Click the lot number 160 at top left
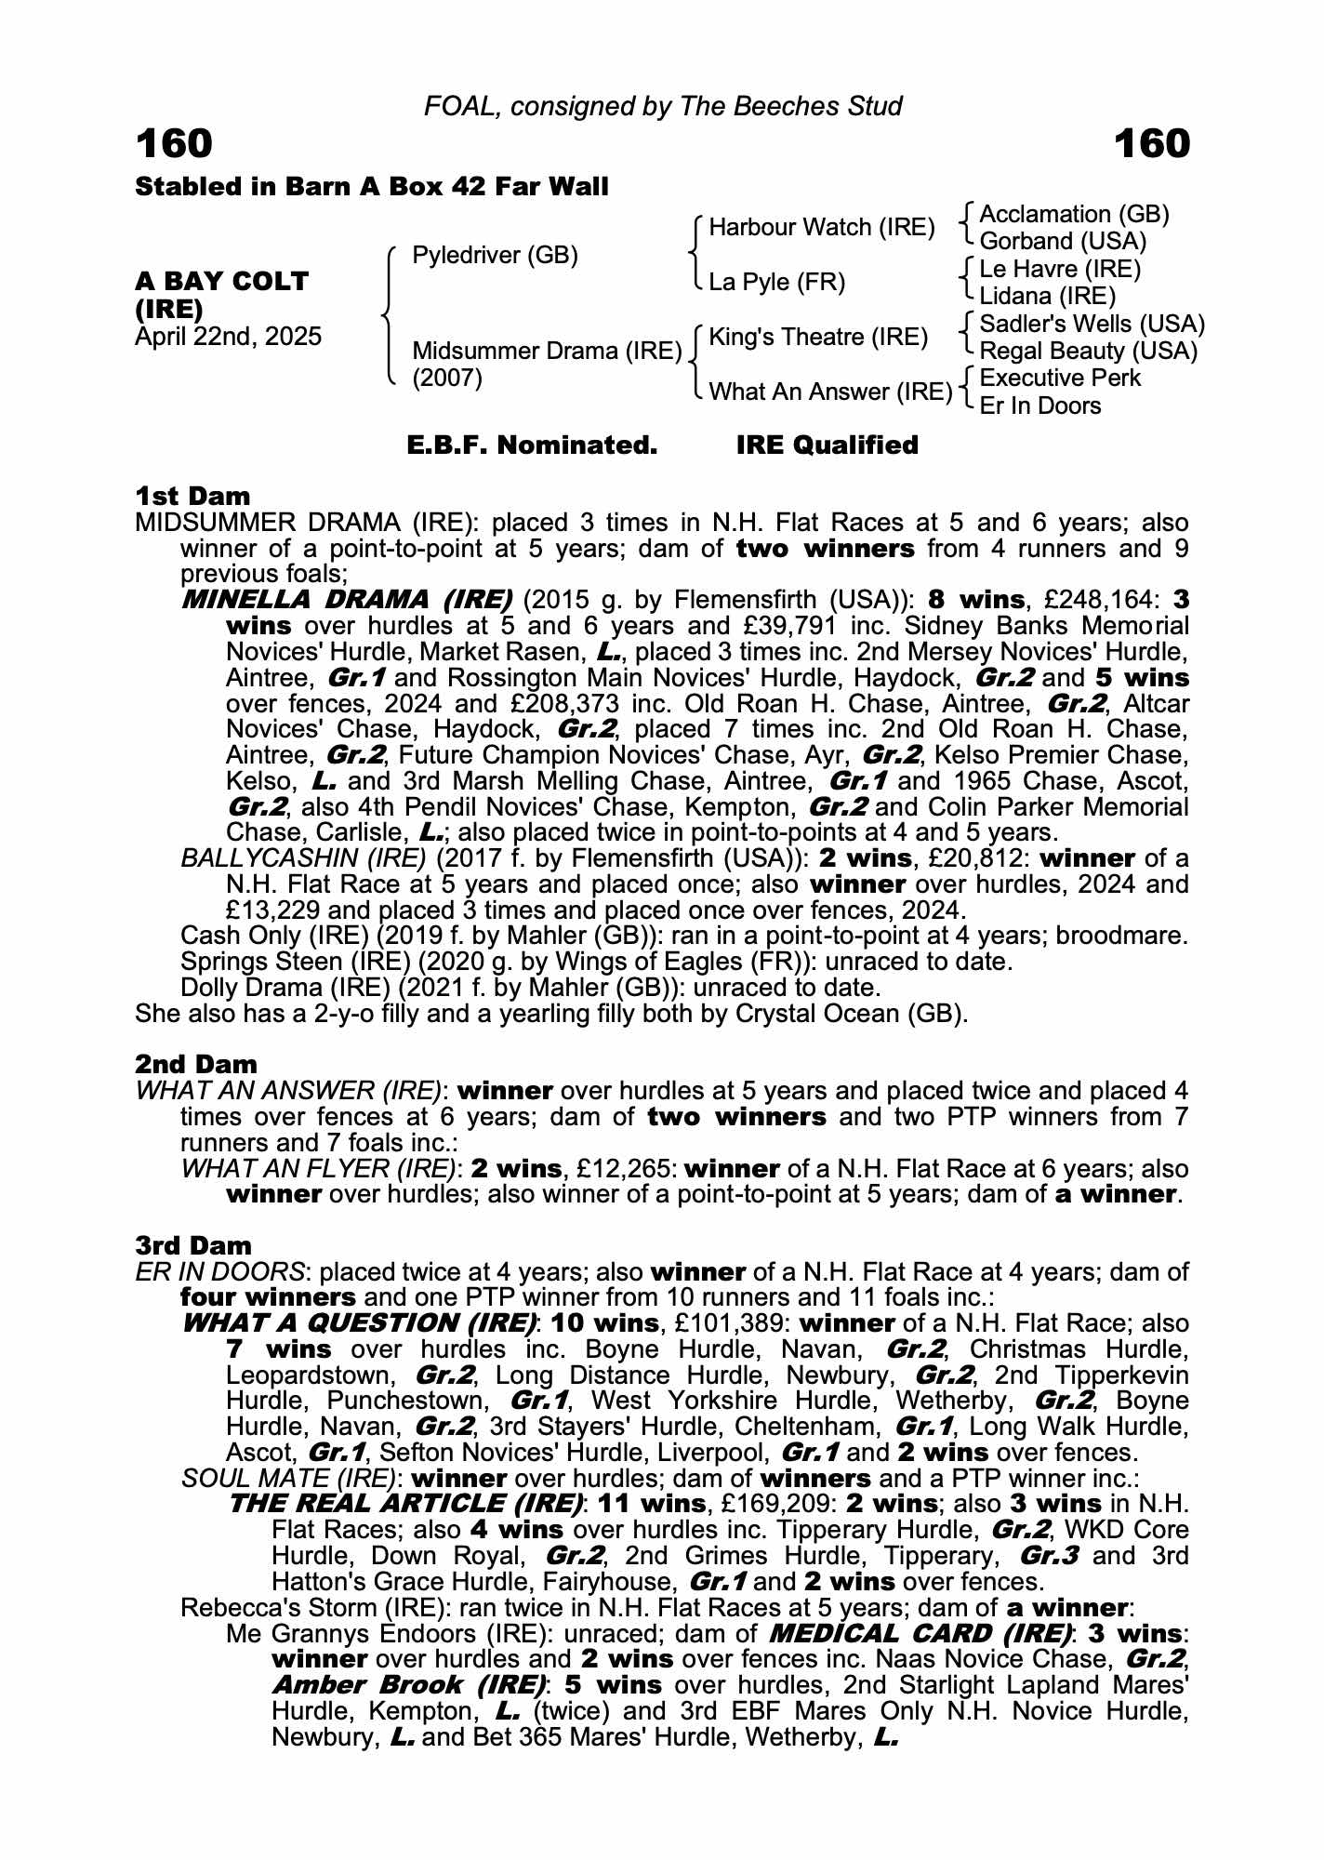coord(174,144)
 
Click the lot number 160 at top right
coord(1151,144)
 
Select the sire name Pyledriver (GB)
coord(495,255)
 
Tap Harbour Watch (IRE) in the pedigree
coord(821,227)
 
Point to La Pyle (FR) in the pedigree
coord(776,282)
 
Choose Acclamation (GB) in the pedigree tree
coord(1074,215)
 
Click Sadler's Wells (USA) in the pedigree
coord(1092,324)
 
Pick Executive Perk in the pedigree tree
coord(1060,378)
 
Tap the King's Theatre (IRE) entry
coord(818,337)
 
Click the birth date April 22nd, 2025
coord(228,336)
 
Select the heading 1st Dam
coord(192,496)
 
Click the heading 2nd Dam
coord(195,1064)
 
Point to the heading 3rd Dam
coord(193,1245)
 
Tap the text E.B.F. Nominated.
coord(532,445)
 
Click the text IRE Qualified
coord(827,445)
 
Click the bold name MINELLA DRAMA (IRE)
coord(347,600)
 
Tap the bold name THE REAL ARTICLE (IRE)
coord(406,1504)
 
